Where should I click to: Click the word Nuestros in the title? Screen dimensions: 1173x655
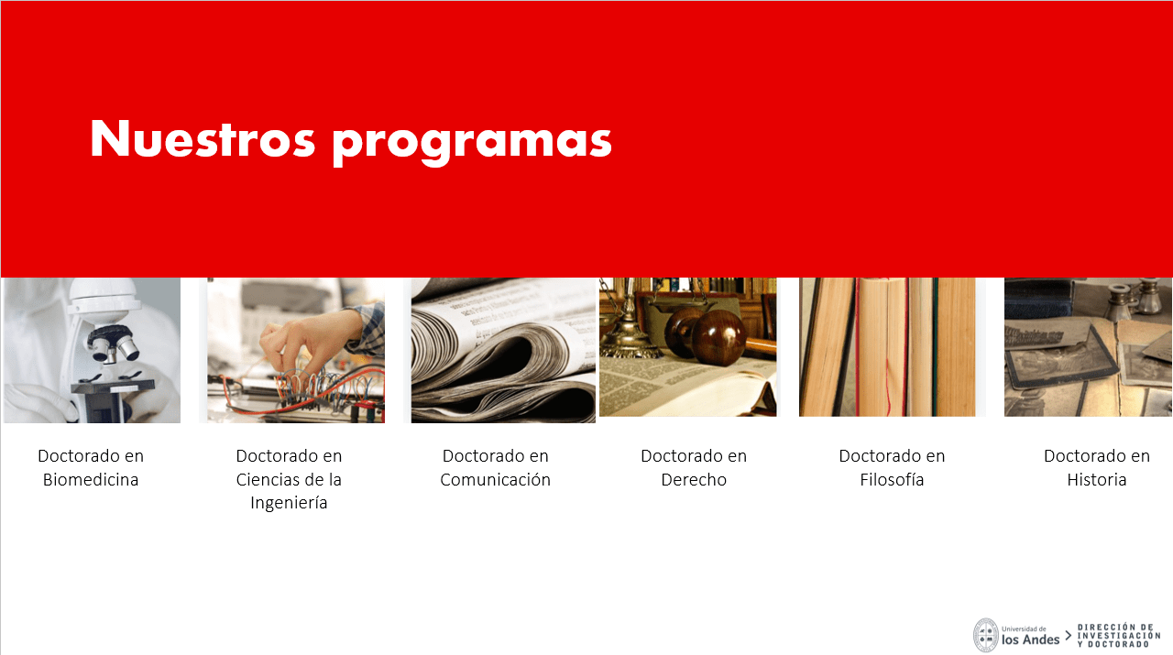(203, 138)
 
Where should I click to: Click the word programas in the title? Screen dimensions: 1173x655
(472, 142)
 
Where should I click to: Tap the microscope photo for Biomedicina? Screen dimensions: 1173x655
(93, 350)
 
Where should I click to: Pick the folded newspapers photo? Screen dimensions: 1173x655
(503, 350)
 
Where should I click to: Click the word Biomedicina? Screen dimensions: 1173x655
(91, 480)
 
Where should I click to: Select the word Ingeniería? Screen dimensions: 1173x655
(289, 503)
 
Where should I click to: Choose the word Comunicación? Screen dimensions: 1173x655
(496, 480)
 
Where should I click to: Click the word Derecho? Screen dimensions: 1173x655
(694, 480)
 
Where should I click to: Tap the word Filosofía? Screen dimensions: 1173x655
(892, 480)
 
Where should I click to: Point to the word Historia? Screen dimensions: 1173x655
(1097, 480)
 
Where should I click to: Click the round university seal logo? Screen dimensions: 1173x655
(986, 635)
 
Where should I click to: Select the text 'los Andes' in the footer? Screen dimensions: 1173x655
(1031, 639)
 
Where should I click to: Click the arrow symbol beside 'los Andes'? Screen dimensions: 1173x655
(1069, 636)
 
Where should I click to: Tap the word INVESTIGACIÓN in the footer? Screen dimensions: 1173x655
(1119, 636)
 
